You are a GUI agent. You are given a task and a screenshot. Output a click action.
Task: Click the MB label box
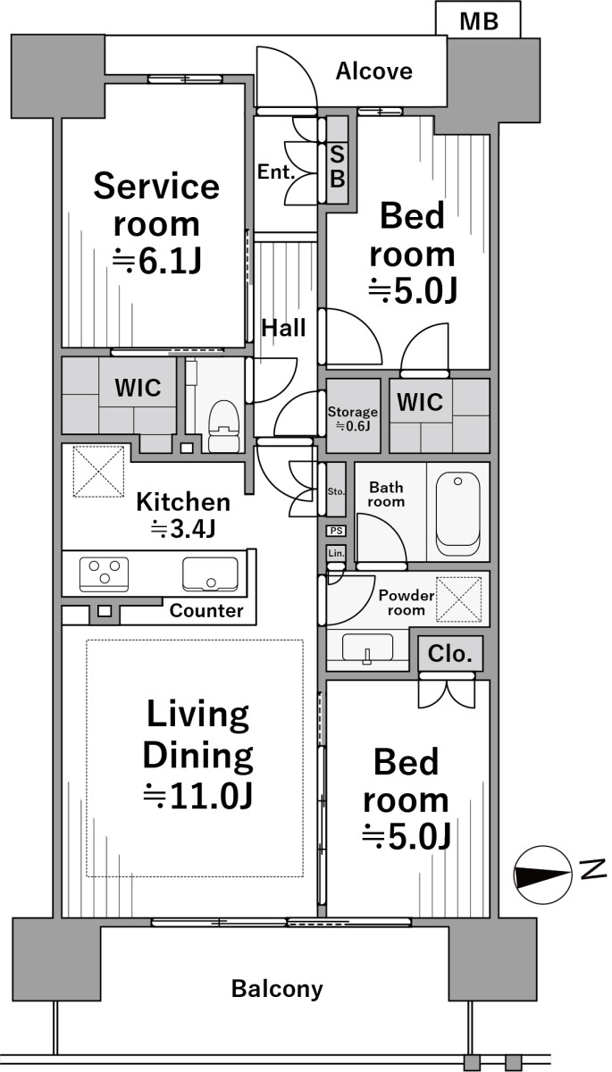pos(478,19)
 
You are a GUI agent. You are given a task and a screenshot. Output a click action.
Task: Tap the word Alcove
pos(373,71)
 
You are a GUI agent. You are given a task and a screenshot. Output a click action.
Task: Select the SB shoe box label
pos(338,167)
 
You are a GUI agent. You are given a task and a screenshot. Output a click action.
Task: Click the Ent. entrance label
pos(275,172)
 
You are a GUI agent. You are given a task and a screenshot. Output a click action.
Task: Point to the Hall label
pos(283,329)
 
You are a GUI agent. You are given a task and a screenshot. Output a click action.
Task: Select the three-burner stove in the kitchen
pos(105,574)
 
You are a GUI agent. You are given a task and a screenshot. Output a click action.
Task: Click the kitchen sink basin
pos(210,574)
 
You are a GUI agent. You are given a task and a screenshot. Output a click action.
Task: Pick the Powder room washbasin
pos(367,649)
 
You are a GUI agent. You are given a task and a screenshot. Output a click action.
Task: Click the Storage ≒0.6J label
pos(353,418)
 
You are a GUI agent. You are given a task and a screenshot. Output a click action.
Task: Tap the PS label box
pos(337,531)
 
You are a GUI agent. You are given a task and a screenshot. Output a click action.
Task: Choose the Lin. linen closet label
pos(337,553)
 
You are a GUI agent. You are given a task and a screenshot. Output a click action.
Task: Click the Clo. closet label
pos(449,654)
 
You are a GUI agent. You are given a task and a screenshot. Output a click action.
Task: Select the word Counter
pos(206,611)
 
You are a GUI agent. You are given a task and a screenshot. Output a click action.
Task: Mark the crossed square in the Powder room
pos(459,599)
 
